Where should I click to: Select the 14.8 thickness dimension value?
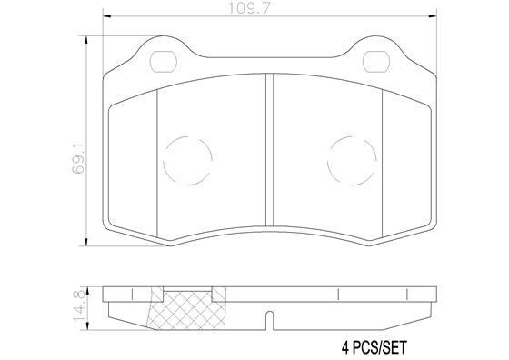[80, 302]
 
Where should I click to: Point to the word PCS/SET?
[376, 347]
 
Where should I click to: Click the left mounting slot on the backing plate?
[164, 63]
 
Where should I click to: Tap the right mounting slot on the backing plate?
[375, 63]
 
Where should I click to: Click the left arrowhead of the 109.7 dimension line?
[107, 17]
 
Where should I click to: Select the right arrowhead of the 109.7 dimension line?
[432, 17]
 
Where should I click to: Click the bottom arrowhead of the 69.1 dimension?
[88, 244]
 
